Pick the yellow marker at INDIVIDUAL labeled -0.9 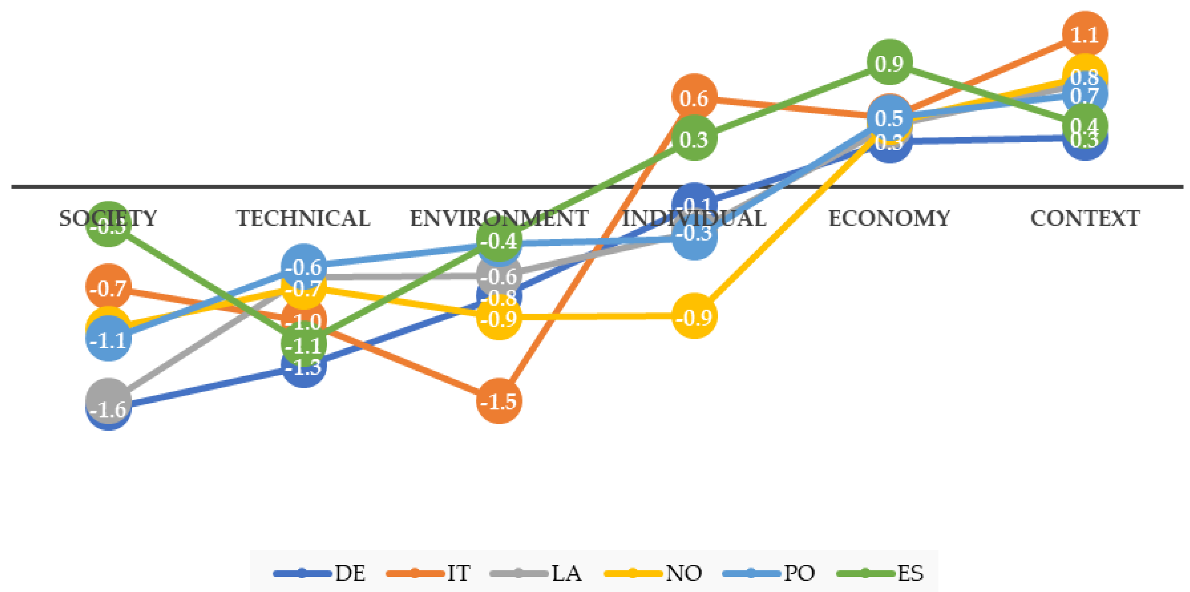tap(694, 316)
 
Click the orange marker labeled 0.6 tap(694, 97)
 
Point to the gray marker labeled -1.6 tap(108, 400)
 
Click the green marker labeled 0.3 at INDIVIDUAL tap(694, 138)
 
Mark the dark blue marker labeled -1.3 tap(304, 367)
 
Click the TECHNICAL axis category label tap(304, 219)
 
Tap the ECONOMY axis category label tap(889, 219)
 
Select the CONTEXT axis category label tap(1085, 219)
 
